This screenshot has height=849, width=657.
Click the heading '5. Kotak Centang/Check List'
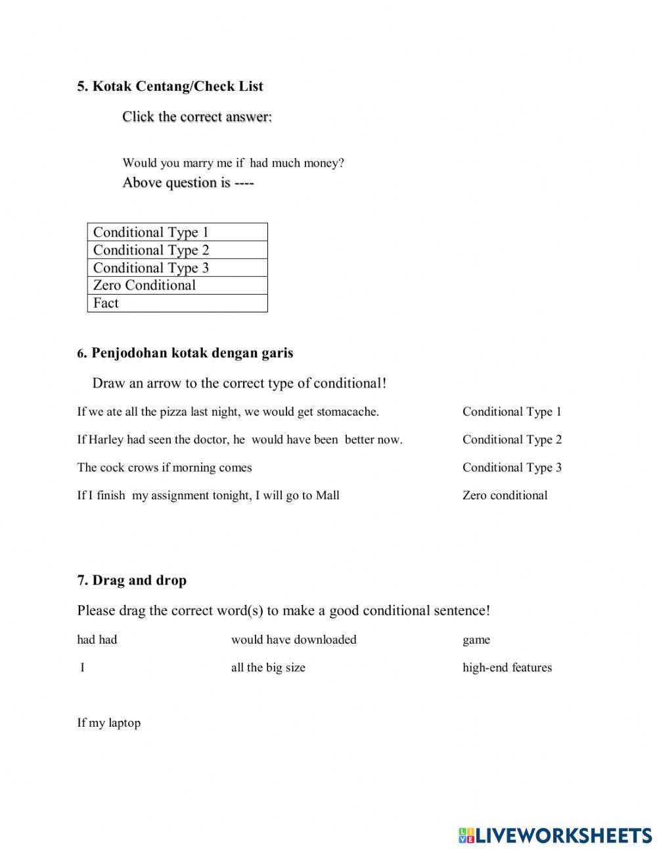(170, 86)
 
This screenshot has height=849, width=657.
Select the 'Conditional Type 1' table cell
(177, 232)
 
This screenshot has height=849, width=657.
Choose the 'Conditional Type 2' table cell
(177, 250)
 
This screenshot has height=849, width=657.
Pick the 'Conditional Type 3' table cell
(177, 268)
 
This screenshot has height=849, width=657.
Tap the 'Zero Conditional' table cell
(177, 285)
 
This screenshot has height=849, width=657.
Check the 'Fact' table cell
(177, 303)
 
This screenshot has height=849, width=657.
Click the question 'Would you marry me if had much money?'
(233, 163)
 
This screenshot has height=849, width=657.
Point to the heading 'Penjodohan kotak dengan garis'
(192, 353)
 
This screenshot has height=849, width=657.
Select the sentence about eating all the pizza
(228, 412)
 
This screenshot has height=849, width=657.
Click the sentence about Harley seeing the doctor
(240, 440)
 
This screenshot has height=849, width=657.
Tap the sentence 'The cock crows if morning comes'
(164, 468)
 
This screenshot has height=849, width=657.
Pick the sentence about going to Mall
(208, 496)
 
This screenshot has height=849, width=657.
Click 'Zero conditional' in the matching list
(505, 496)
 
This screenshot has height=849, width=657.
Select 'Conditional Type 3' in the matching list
(512, 468)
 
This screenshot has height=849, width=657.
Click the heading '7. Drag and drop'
(131, 580)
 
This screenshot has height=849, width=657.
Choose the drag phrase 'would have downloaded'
(294, 640)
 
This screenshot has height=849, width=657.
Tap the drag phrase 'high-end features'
(507, 667)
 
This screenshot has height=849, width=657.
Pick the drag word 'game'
(476, 640)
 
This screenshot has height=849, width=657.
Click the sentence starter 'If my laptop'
(109, 723)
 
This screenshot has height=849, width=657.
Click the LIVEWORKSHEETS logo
(555, 835)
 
